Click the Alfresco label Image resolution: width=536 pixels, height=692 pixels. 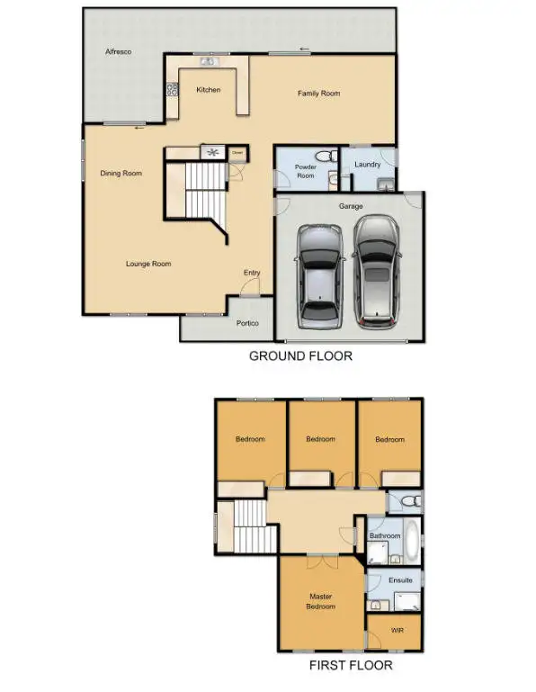click(x=118, y=52)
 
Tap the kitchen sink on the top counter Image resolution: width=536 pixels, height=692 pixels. click(x=209, y=62)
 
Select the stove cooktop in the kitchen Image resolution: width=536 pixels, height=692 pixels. click(x=172, y=89)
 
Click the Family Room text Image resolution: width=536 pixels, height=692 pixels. click(x=318, y=94)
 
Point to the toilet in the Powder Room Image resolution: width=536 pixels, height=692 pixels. click(x=333, y=157)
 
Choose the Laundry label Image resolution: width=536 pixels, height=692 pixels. click(x=368, y=165)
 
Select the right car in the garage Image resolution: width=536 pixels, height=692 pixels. click(x=376, y=270)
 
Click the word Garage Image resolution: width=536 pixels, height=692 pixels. click(x=350, y=206)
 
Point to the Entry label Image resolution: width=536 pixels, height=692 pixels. click(x=252, y=273)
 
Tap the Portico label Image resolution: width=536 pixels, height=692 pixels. click(x=247, y=323)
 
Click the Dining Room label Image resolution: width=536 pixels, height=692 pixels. click(x=121, y=174)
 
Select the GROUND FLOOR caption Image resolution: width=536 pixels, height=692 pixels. click(x=300, y=356)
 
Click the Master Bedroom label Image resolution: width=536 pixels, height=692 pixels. click(x=321, y=601)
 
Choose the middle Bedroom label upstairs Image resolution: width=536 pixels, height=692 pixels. click(x=320, y=439)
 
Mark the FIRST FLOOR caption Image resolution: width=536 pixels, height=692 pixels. click(x=351, y=666)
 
